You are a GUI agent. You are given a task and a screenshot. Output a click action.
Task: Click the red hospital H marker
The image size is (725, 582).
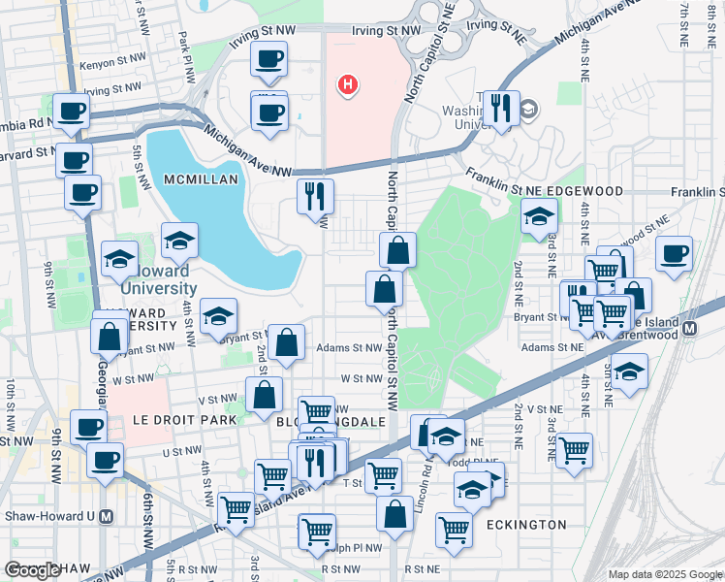[348, 85]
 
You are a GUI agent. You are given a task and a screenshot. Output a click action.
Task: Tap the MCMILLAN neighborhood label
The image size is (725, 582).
[174, 180]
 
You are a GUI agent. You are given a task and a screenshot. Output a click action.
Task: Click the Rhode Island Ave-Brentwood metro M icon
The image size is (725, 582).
[690, 328]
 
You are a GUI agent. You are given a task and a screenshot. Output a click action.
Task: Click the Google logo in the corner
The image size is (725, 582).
[32, 570]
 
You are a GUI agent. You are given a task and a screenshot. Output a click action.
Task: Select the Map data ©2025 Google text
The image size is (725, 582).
[665, 574]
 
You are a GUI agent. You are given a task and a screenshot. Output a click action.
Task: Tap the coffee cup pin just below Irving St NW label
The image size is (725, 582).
[268, 58]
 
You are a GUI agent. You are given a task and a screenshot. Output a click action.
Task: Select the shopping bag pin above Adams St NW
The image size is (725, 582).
[287, 341]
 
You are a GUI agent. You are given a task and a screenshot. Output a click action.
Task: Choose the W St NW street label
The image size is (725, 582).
[361, 379]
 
